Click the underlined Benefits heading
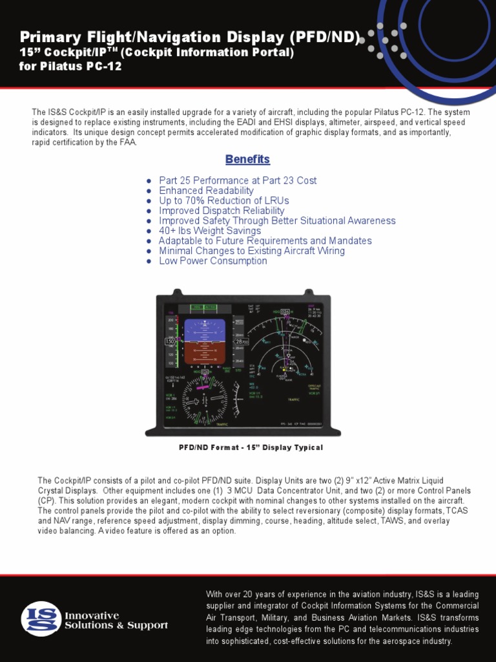pyautogui.click(x=247, y=160)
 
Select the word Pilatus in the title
pyautogui.click(x=63, y=67)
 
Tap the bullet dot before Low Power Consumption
pyautogui.click(x=149, y=261)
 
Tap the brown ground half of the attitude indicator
pyautogui.click(x=204, y=352)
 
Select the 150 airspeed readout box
pyautogui.click(x=170, y=341)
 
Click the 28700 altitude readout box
pyautogui.click(x=240, y=341)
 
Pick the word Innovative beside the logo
pyautogui.click(x=92, y=615)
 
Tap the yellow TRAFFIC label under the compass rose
pyautogui.click(x=222, y=425)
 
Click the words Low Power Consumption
pyautogui.click(x=213, y=261)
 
